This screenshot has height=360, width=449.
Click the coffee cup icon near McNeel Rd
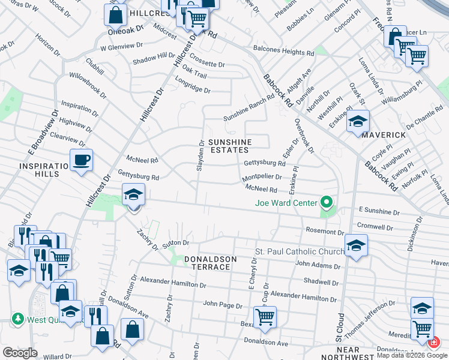click(81, 160)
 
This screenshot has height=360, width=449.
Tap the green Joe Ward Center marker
click(326, 202)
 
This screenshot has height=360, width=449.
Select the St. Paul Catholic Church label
click(298, 251)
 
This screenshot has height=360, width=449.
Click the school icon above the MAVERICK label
click(358, 122)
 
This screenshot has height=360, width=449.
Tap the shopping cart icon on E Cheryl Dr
click(265, 316)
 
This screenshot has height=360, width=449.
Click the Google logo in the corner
click(20, 353)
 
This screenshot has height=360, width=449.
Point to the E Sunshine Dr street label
click(379, 212)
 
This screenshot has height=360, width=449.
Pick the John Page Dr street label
click(222, 305)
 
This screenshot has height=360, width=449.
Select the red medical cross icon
click(434, 342)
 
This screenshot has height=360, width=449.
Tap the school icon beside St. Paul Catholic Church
click(356, 245)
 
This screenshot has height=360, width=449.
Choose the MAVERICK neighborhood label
click(384, 135)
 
